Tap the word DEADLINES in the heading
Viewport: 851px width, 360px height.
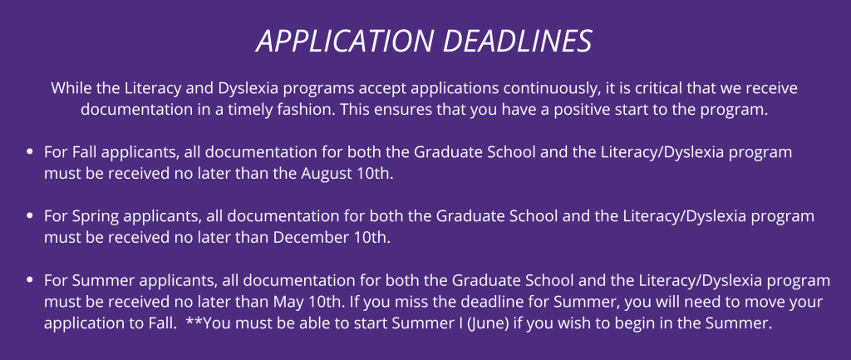click(517, 41)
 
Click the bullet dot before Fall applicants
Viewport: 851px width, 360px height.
click(31, 153)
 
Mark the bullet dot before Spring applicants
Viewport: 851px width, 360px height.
click(31, 217)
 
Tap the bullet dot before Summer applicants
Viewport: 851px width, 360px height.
click(31, 281)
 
